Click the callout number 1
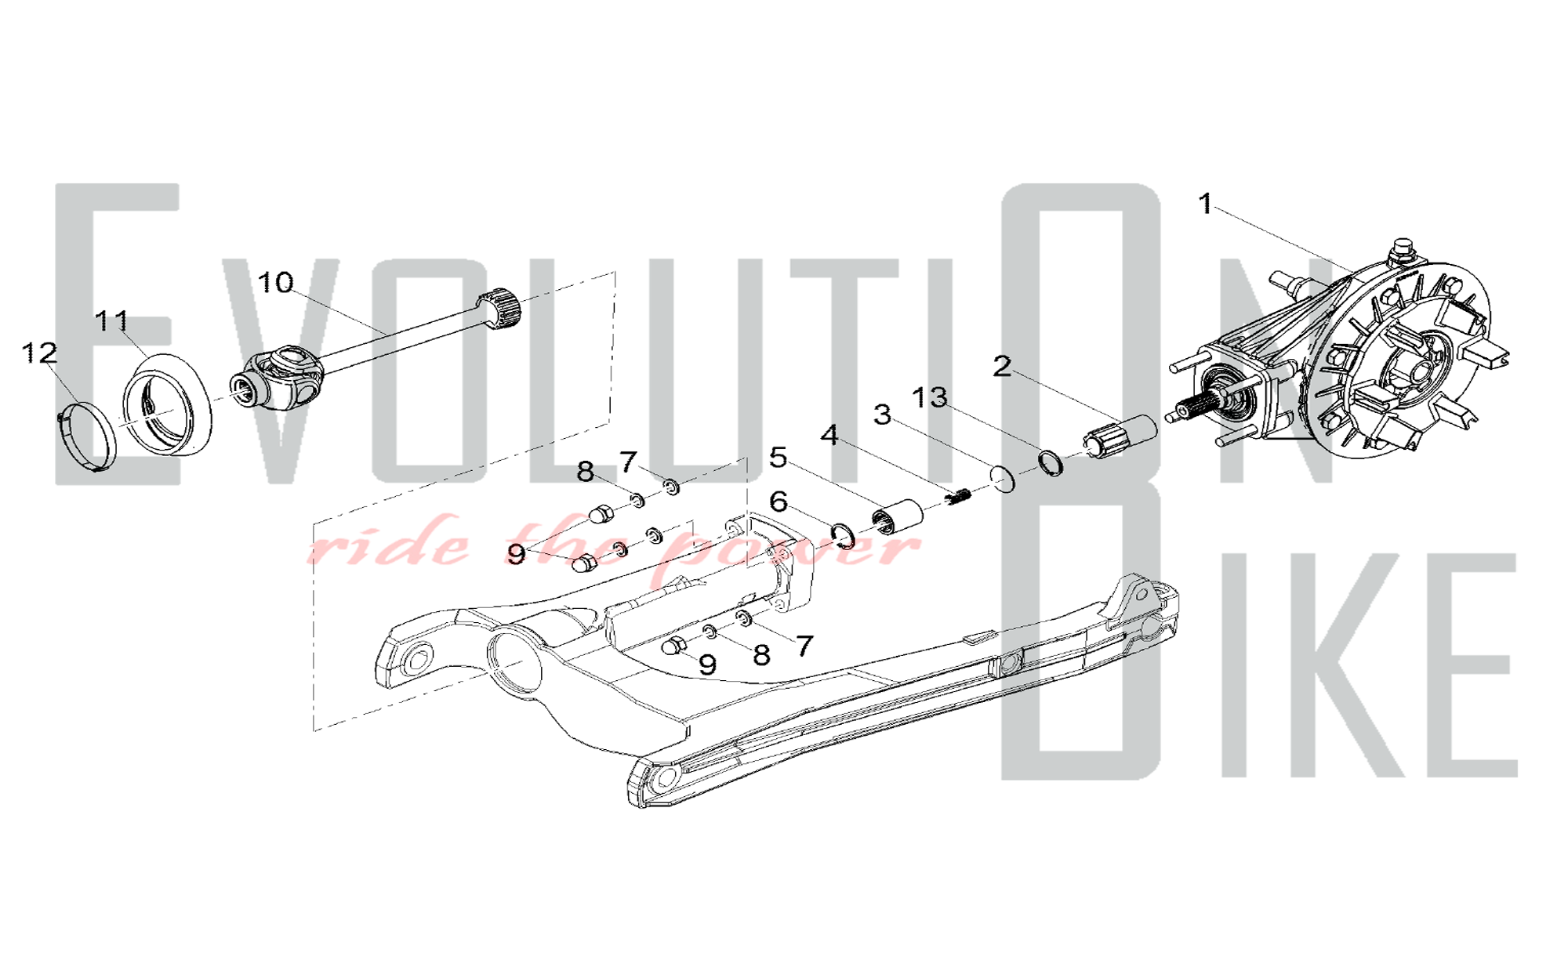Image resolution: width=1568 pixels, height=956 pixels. pos(1206,205)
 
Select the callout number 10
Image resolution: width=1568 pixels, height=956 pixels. pos(275,282)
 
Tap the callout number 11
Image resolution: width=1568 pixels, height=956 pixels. pos(111,320)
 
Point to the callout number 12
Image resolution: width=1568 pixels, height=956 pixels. pos(39,353)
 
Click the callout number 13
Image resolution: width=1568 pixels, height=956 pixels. pos(930,397)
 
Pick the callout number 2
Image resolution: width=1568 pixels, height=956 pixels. pos(1002,366)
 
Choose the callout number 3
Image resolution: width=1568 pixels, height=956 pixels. pos(883,415)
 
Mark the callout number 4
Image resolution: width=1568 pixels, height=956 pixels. pos(829,434)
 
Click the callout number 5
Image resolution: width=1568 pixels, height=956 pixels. pos(778,457)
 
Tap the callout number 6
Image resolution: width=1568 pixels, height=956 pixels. pos(778,502)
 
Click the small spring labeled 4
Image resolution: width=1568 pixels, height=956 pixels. pos(959,496)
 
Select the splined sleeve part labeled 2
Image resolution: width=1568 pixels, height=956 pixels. pos(1120,437)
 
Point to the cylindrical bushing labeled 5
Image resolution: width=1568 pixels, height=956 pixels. pos(898,516)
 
